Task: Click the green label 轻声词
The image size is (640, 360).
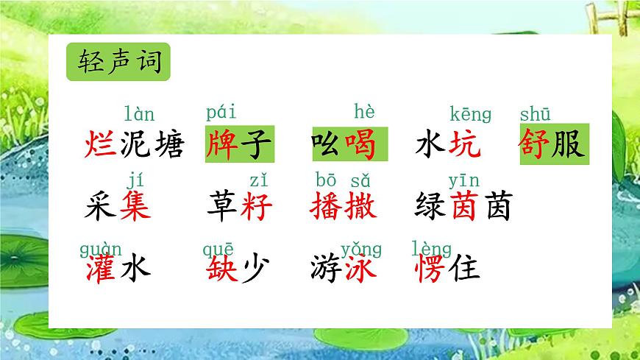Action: pos(118,62)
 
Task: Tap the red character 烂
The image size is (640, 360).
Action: pos(99,143)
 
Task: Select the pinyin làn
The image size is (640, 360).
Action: pos(139,114)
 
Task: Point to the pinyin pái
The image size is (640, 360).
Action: pos(221,113)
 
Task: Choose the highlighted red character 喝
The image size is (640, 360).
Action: pos(360,143)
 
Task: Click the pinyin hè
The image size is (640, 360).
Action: pos(364,112)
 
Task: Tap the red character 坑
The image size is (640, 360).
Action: pos(464,143)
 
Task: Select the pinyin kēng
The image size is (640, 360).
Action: pos(470,114)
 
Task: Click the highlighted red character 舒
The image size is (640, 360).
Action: pos(536,143)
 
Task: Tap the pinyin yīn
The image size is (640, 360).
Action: pos(463,180)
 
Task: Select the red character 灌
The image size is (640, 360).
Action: pos(99,267)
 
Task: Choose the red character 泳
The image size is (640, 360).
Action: pos(360,267)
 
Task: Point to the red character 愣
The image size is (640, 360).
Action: pos(431,267)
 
